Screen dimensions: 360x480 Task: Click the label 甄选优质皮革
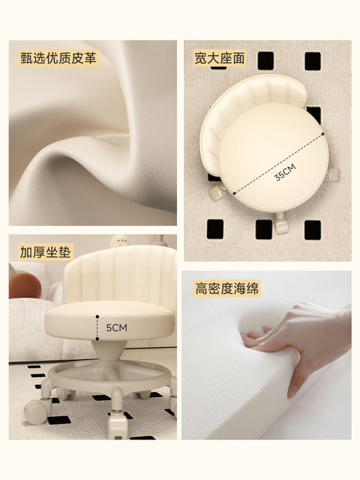click(58, 58)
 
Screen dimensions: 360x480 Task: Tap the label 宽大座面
click(220, 58)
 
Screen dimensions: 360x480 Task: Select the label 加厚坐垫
click(45, 252)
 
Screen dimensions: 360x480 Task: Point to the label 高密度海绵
click(226, 288)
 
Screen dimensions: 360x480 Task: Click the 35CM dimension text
click(285, 172)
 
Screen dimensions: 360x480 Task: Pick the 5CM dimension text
click(117, 328)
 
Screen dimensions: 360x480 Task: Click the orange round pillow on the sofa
click(25, 286)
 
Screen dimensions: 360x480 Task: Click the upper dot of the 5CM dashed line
click(97, 316)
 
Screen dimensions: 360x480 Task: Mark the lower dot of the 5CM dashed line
click(97, 339)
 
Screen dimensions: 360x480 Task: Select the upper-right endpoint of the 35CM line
click(322, 134)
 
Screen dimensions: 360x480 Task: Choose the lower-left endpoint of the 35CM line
click(235, 193)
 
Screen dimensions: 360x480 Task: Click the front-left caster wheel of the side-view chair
click(37, 411)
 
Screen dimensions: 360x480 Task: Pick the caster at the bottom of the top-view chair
click(280, 223)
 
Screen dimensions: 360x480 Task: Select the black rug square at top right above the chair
click(313, 61)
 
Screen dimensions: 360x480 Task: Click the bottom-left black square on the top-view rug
click(215, 229)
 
